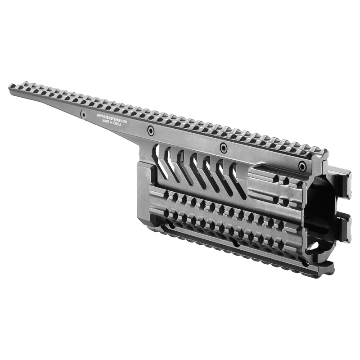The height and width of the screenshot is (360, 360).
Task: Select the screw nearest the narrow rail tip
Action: point(83,114)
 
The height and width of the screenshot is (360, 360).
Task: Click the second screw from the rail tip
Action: point(150,130)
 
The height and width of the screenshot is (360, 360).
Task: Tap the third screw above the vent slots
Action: point(223,148)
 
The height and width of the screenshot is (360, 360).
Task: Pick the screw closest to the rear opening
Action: point(302,166)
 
